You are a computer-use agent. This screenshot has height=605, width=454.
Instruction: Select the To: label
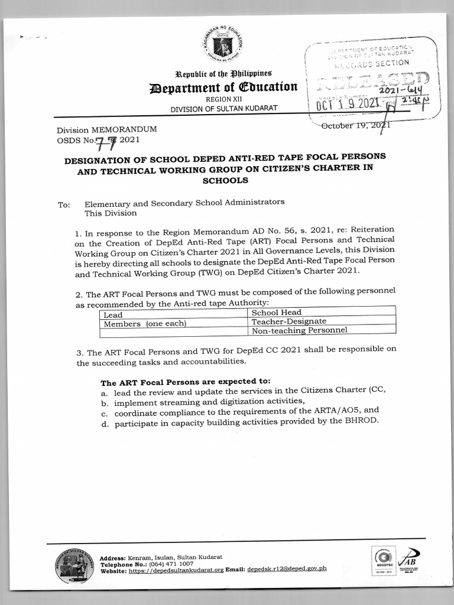pyautogui.click(x=64, y=205)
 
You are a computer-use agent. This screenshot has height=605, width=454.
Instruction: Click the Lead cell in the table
pyautogui.click(x=113, y=315)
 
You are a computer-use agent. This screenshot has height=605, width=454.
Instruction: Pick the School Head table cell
pyautogui.click(x=277, y=312)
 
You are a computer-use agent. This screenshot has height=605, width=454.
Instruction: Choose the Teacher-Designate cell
pyautogui.click(x=289, y=321)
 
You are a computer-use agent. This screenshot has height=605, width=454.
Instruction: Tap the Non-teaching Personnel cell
pyautogui.click(x=299, y=330)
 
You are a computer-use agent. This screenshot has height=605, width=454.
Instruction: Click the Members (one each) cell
pyautogui.click(x=145, y=324)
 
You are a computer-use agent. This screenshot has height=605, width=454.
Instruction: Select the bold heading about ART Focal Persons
pyautogui.click(x=186, y=382)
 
